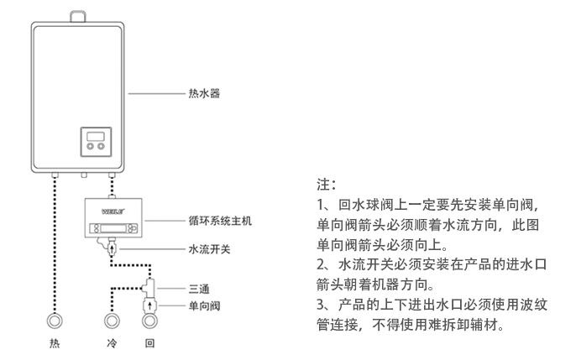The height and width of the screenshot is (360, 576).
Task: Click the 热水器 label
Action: coord(206,95)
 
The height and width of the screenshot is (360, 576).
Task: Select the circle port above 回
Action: coord(149,321)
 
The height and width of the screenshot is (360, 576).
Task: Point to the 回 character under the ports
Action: coord(149,344)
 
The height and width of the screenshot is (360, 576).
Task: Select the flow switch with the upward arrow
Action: coord(112,248)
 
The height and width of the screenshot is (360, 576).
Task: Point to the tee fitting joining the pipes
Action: coord(149,285)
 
